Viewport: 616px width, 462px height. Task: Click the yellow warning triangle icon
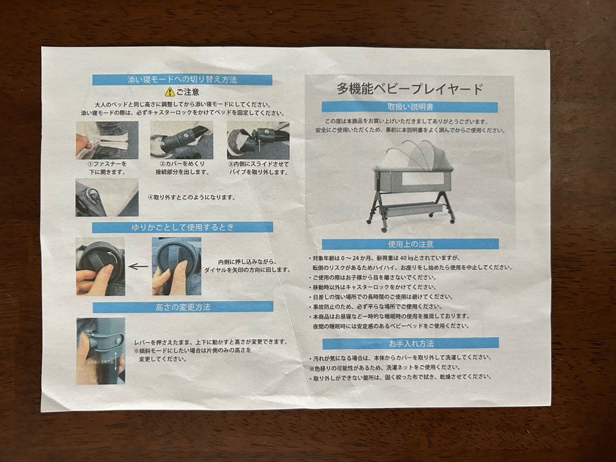pos(169,92)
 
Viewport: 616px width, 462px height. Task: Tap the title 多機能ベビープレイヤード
pos(410,89)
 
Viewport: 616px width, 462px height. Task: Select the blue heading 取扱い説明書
pos(410,107)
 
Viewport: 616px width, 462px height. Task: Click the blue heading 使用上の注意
pos(410,244)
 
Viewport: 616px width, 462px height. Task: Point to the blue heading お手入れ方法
pos(410,343)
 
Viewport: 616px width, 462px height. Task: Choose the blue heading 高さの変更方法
pos(183,307)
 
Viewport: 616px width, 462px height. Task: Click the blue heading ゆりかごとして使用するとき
pos(183,227)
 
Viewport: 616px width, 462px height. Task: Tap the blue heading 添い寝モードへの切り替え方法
pos(182,79)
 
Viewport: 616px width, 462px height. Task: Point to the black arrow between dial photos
pos(138,266)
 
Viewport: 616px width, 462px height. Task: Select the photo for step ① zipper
pos(107,140)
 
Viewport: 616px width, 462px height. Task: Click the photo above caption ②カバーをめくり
pos(181,140)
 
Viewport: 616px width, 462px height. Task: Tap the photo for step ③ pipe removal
pos(258,140)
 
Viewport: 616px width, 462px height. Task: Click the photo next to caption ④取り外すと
pos(107,197)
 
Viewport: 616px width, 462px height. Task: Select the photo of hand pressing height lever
pos(100,350)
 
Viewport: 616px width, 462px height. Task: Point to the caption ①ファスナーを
pos(106,164)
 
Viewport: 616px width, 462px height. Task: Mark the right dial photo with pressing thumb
pos(176,266)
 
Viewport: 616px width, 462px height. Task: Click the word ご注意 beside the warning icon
pos(188,92)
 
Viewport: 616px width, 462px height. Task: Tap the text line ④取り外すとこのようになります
pos(191,197)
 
